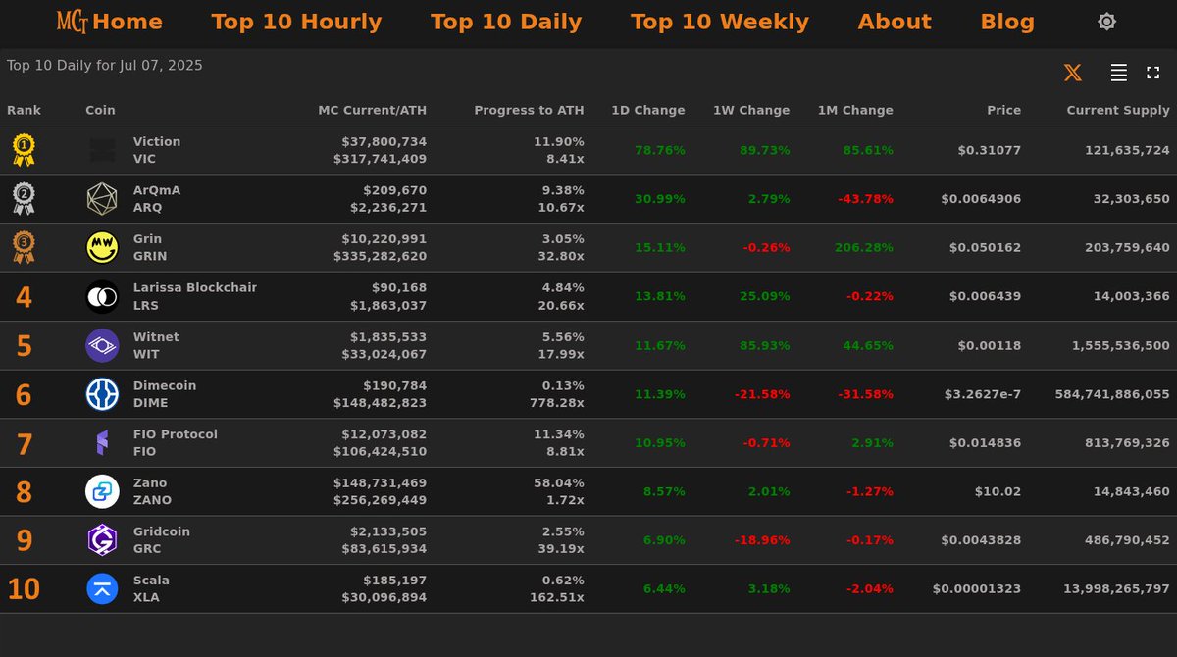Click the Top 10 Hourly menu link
[296, 22]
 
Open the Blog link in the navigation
[1007, 22]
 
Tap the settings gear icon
[1106, 22]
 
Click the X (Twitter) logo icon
[1073, 73]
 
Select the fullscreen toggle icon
[1153, 73]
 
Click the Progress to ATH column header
[529, 110]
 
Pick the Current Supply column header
[1118, 110]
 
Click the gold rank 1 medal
[24, 150]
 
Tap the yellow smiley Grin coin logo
[102, 248]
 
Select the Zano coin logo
[102, 491]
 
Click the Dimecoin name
[165, 385]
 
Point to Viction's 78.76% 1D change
[659, 150]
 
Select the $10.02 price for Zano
[998, 491]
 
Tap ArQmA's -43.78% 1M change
[865, 199]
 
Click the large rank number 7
[25, 444]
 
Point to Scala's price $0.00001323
[976, 589]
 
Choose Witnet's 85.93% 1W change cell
[764, 345]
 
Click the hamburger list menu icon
[1118, 73]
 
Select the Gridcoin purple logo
[102, 540]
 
